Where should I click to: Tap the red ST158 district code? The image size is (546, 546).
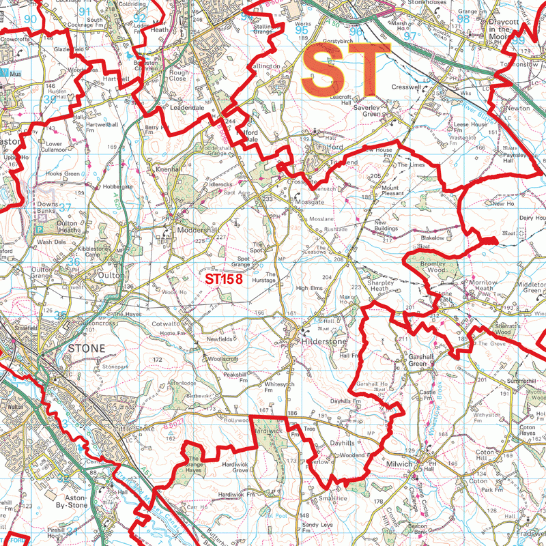point(224,278)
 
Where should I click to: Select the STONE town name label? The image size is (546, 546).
point(86,348)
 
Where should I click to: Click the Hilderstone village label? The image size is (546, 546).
point(325,341)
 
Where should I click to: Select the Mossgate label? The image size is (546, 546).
point(309,203)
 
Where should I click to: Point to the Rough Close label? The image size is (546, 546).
point(179,75)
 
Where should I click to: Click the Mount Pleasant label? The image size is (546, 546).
point(392,190)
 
